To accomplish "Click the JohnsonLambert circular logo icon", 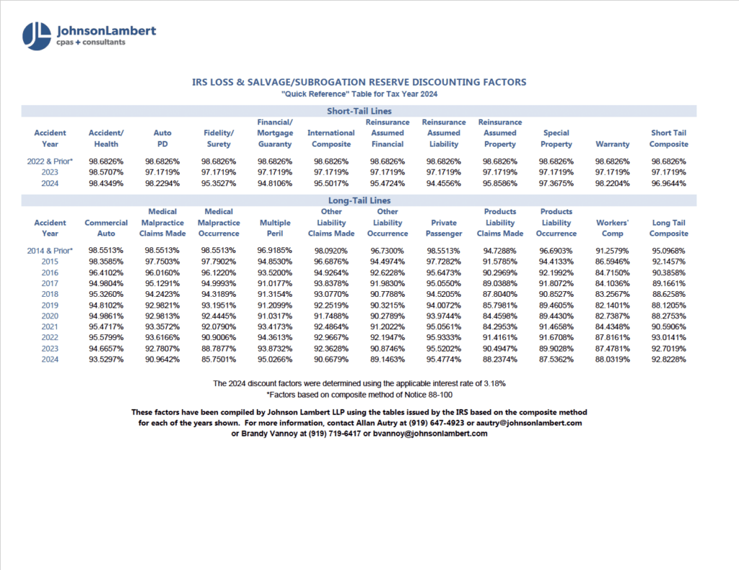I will click(37, 36).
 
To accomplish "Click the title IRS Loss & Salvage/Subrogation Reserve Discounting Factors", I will click(359, 82).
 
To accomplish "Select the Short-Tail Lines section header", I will click(359, 110).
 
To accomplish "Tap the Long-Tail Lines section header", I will click(359, 200).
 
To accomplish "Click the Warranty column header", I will click(612, 144).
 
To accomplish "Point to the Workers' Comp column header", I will click(612, 228).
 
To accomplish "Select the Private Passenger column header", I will click(443, 228).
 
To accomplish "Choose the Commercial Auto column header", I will click(106, 228).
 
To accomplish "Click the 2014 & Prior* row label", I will click(50, 250).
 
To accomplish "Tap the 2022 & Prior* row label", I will click(50, 161).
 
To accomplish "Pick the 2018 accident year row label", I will click(50, 294).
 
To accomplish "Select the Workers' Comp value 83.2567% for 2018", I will click(612, 294).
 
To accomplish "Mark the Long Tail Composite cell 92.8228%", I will click(668, 359).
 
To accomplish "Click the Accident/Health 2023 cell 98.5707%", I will click(106, 173).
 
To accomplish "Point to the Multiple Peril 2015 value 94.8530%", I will click(275, 261).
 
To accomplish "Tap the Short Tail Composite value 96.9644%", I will click(668, 184).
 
